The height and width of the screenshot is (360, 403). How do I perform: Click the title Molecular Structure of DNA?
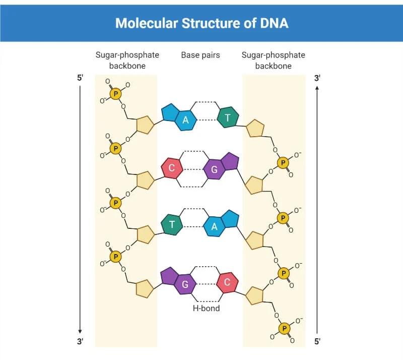click(201, 23)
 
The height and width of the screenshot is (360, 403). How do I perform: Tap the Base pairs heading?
click(200, 55)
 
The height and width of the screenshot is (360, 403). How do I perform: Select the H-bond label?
click(207, 308)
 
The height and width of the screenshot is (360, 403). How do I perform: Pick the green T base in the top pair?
click(228, 117)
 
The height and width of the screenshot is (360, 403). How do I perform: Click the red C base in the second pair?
click(172, 168)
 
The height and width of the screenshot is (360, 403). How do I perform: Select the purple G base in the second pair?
click(215, 170)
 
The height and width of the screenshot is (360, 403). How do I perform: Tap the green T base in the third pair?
click(172, 225)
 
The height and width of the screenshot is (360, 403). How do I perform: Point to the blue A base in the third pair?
click(215, 227)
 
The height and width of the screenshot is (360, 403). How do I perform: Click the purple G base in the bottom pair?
click(185, 284)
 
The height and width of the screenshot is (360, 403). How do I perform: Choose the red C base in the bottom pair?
click(227, 282)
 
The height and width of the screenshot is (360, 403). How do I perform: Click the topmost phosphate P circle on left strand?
click(116, 93)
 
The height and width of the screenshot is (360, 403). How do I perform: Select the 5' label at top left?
click(80, 78)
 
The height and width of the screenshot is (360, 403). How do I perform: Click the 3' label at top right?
click(317, 78)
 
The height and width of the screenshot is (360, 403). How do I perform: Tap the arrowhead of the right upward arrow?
click(317, 88)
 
